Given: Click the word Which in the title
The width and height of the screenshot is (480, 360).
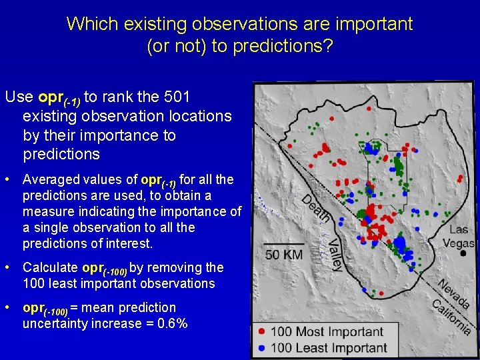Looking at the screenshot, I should tap(92, 25).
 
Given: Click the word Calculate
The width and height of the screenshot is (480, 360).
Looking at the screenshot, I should tap(50, 268).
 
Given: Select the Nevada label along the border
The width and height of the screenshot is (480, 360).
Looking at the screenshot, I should tap(454, 293).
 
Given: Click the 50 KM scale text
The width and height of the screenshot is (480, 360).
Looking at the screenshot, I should tap(284, 255).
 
